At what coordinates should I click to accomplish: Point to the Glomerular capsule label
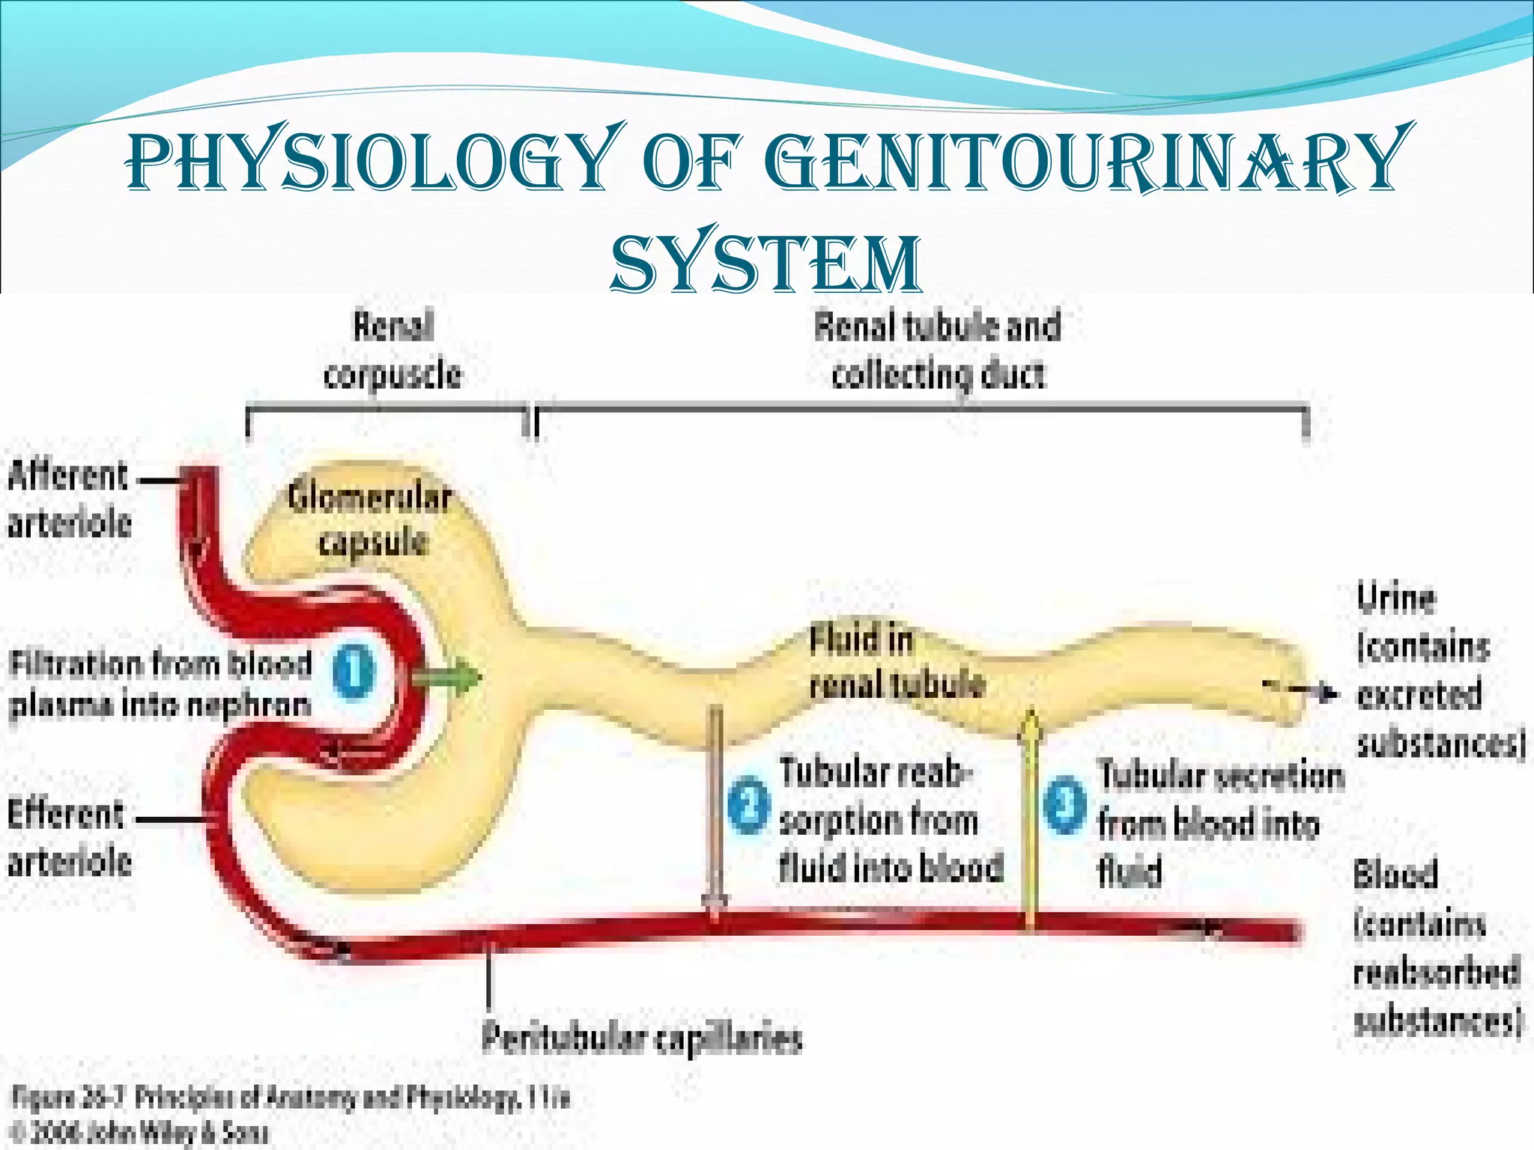point(371,520)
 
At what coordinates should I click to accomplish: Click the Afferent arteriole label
point(69,499)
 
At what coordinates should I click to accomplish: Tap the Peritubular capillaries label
point(642,1038)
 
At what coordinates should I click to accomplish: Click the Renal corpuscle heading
point(392,350)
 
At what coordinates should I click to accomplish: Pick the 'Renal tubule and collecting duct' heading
point(938,350)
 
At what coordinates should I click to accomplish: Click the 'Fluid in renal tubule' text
point(896,663)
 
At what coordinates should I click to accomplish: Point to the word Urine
point(1396,600)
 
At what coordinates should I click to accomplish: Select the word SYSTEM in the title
point(766,262)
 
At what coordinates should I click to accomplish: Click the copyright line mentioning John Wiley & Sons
point(139,1132)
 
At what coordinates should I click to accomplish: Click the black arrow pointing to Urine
point(1307,693)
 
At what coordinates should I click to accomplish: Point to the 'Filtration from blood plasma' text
point(160,684)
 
